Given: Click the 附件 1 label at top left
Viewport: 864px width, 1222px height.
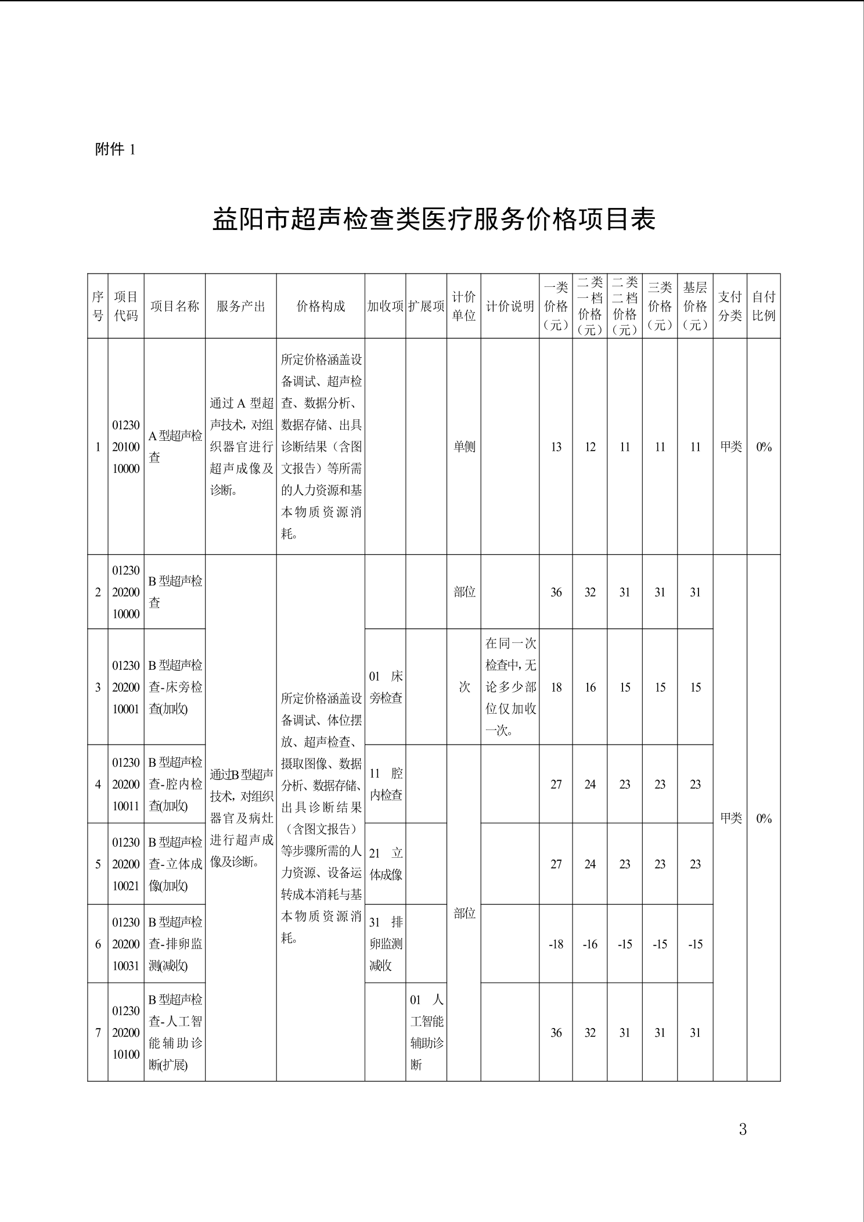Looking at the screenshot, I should coord(115,149).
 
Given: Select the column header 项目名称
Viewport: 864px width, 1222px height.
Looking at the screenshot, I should coord(175,306).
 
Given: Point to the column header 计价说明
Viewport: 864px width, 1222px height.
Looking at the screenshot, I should coord(510,306).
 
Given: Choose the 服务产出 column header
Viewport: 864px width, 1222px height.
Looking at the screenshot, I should coord(241,306).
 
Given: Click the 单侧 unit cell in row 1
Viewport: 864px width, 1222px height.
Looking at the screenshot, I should coord(464,447).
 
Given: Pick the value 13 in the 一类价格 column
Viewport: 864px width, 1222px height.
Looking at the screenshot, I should coord(556,447).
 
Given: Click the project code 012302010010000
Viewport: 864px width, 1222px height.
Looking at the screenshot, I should coord(126,447).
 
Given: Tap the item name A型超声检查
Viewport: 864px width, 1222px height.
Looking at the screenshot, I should coord(175,446).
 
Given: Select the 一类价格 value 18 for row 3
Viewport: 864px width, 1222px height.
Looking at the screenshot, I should coord(556,687).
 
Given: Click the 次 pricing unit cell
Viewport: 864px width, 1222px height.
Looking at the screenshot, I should coord(464,687).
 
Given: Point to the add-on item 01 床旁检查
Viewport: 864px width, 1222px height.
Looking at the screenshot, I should coord(386,687).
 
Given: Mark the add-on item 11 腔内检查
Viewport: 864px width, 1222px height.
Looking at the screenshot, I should coord(386,784).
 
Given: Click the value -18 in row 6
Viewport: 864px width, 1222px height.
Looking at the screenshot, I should coord(556,944).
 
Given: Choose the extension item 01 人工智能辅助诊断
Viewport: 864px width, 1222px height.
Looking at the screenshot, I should coord(426,1032).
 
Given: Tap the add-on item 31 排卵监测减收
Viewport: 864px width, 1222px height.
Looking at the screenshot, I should coord(386,944).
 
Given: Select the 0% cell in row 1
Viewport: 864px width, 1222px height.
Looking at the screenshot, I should coord(764,447).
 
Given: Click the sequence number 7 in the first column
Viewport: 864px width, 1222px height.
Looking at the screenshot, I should coord(98,1033).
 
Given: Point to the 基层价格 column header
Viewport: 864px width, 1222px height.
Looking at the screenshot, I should coord(695,306).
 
